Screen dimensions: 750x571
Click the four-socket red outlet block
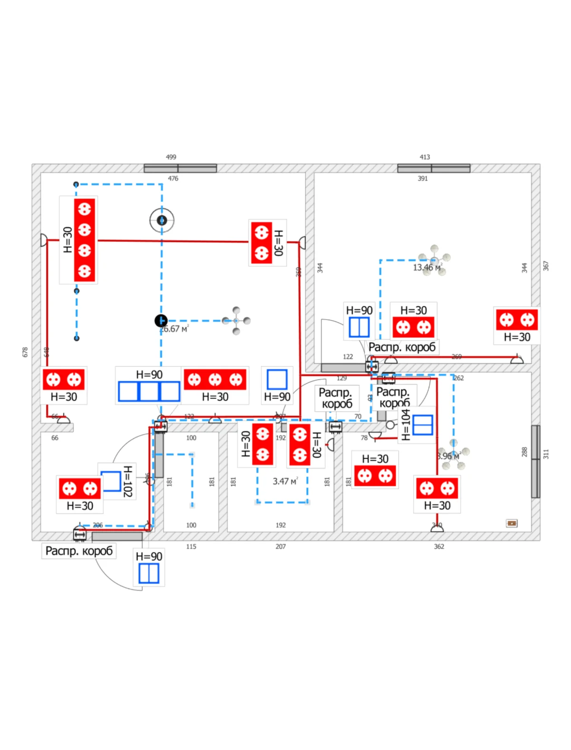(84, 240)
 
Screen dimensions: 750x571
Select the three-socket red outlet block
(215, 379)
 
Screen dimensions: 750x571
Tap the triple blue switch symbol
(149, 391)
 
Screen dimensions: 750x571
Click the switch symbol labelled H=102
(111, 481)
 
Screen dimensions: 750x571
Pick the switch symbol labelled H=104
(423, 425)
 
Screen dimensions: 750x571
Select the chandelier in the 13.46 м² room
(434, 260)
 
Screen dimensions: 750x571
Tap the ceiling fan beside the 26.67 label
(236, 321)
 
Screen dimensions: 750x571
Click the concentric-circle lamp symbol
(162, 220)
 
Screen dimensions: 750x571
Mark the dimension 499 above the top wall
(171, 157)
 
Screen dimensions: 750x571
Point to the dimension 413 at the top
(425, 157)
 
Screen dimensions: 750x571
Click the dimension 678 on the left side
(25, 352)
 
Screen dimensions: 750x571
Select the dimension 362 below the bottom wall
(439, 546)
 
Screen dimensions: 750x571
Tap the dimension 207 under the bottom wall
(281, 546)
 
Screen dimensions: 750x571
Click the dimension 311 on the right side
(546, 454)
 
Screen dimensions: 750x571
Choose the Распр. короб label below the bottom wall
(79, 551)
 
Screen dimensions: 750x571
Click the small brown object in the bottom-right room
(512, 523)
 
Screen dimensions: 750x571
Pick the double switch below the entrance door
(149, 573)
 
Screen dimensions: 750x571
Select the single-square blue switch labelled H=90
(277, 379)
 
